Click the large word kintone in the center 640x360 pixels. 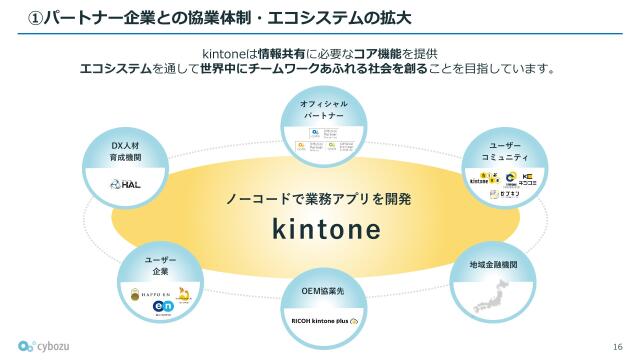(x=327, y=230)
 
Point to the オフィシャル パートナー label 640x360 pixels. (x=324, y=109)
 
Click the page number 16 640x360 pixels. (x=616, y=346)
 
